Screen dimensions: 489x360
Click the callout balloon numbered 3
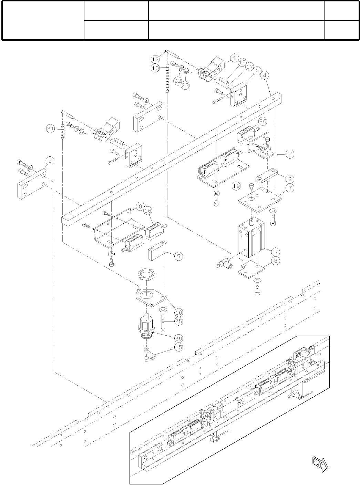(50, 161)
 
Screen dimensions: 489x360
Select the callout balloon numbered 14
(275, 251)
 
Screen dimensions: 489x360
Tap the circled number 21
(50, 129)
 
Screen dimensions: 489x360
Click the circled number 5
(178, 256)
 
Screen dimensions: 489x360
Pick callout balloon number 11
(290, 154)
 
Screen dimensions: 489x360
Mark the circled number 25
(178, 321)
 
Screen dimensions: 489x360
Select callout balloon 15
(178, 347)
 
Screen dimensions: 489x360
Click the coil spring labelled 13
(168, 79)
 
